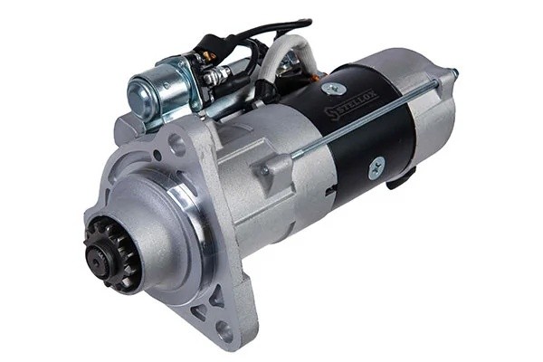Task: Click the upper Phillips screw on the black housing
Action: (x=334, y=89)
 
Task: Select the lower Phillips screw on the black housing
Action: (x=376, y=168)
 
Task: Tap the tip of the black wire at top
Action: (x=310, y=23)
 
